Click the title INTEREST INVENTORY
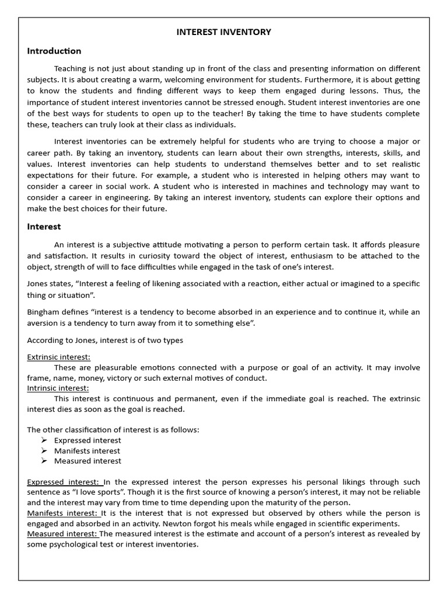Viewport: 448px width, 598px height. [224, 32]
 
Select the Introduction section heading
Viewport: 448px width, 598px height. [54, 51]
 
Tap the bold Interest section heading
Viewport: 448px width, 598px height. [44, 226]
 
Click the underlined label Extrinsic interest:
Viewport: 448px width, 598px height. [59, 357]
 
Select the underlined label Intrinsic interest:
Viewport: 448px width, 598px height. [58, 388]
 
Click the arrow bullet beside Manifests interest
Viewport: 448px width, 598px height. [44, 451]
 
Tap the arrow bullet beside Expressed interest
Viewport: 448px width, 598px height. [44, 440]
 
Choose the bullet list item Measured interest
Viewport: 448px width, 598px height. [87, 461]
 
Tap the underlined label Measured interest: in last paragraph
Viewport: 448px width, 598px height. [62, 534]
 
